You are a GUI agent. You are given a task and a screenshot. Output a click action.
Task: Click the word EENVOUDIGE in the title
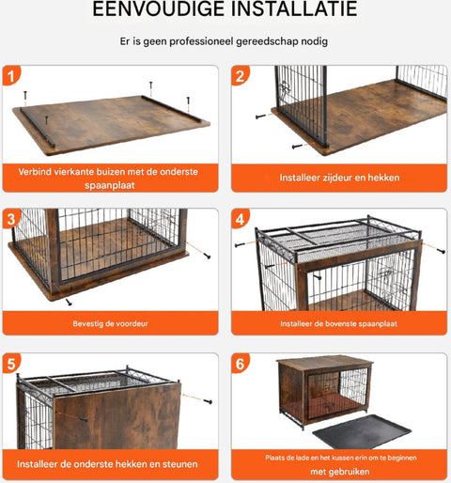click(x=158, y=8)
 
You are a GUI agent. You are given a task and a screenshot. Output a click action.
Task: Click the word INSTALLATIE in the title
click(x=294, y=8)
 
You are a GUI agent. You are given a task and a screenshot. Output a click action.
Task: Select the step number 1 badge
click(x=11, y=76)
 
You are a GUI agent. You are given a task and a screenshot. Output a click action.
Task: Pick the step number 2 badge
click(x=241, y=76)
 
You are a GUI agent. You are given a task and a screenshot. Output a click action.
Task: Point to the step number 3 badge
click(x=11, y=219)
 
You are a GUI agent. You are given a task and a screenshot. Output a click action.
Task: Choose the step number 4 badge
click(x=241, y=219)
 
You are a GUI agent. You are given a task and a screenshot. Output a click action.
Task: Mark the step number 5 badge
click(x=11, y=364)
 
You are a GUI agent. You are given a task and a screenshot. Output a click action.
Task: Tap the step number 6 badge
click(x=241, y=364)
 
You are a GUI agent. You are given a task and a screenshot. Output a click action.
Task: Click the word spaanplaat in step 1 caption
click(x=110, y=185)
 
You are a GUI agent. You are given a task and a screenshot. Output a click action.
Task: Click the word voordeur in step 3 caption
click(x=132, y=323)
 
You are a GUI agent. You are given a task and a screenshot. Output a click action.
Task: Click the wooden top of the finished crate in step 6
click(x=325, y=363)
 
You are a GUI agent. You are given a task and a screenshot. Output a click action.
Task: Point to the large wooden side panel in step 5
click(x=117, y=416)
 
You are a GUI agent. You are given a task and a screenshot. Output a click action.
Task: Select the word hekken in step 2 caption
click(x=383, y=178)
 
